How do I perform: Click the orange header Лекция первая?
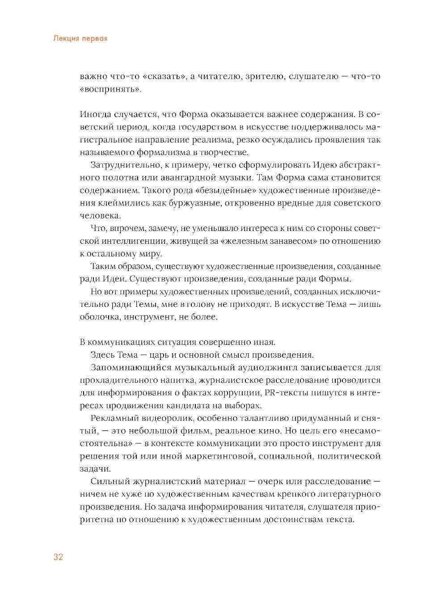click(80, 38)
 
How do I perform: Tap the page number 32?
click(58, 557)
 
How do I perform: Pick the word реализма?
click(207, 139)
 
